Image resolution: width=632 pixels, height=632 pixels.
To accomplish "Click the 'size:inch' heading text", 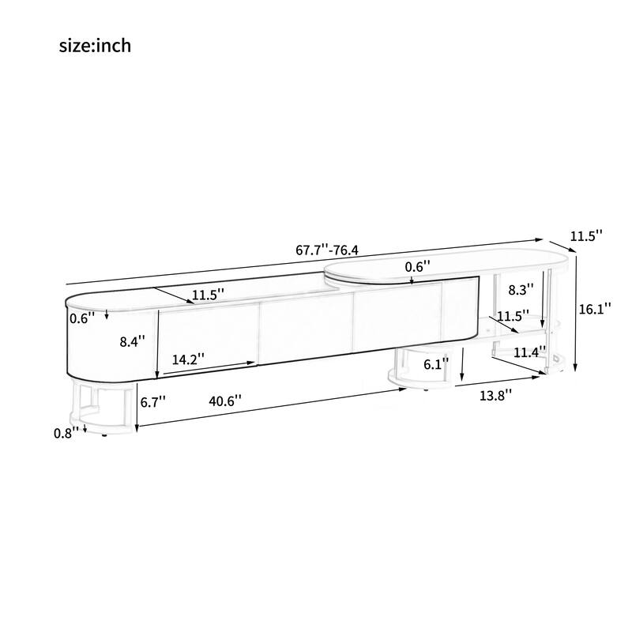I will [95, 46].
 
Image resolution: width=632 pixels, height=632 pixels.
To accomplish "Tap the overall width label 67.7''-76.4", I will [327, 250].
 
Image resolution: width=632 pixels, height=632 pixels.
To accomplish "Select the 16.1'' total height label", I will [596, 310].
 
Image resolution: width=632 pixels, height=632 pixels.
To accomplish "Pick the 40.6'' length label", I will [226, 401].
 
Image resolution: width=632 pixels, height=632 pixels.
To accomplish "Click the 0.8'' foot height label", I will [68, 432].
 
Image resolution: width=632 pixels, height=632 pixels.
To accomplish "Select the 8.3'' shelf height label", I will [521, 290].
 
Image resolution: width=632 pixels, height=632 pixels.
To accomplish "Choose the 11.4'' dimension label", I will [530, 352].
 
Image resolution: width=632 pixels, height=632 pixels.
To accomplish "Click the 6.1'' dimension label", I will [436, 364].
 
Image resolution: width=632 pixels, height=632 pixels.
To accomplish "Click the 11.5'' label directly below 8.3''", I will [513, 316].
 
